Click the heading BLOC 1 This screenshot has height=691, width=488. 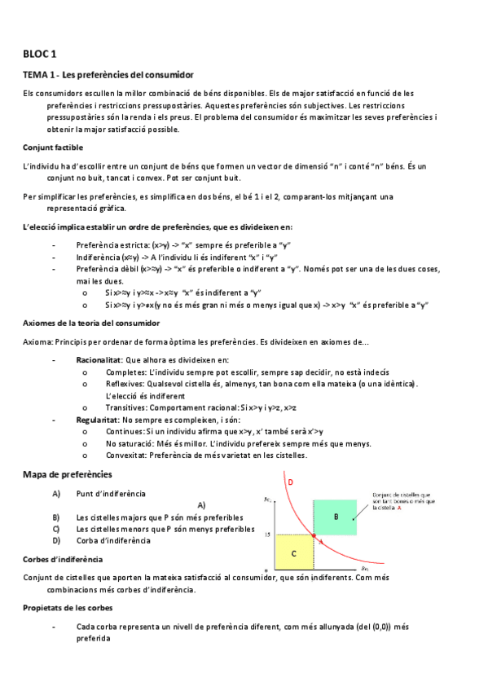pyautogui.click(x=40, y=55)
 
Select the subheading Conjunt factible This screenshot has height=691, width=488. pyautogui.click(x=54, y=147)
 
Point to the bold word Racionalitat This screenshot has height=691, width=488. pyautogui.click(x=99, y=359)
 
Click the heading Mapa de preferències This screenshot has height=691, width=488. pyautogui.click(x=68, y=474)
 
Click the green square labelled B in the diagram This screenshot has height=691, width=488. pyautogui.click(x=336, y=517)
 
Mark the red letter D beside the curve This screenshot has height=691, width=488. pyautogui.click(x=291, y=482)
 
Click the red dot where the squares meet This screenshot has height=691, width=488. pyautogui.click(x=314, y=535)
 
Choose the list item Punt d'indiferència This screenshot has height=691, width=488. pyautogui.click(x=111, y=494)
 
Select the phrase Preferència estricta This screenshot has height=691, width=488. pyautogui.click(x=112, y=244)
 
